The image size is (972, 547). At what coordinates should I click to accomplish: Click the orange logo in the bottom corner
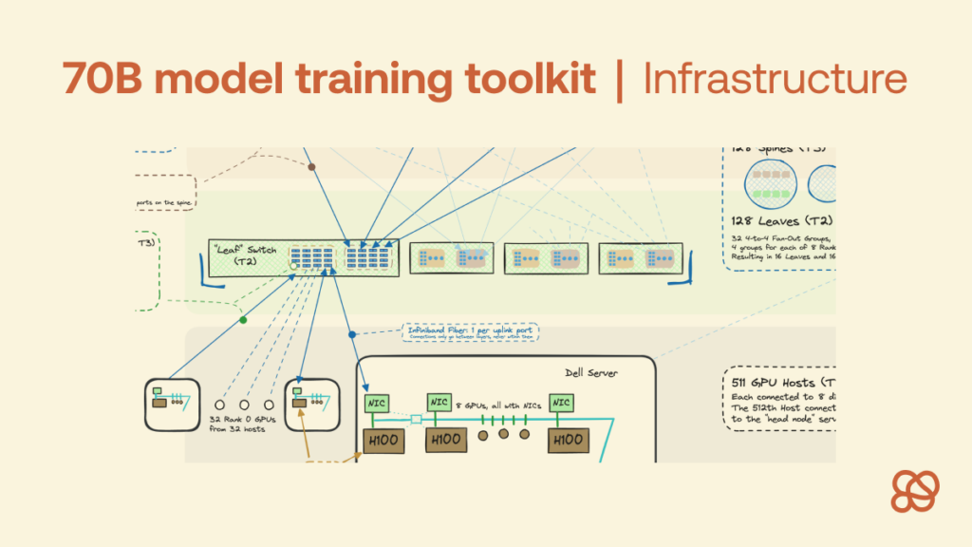(x=915, y=491)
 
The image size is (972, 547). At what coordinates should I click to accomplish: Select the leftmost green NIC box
(x=373, y=404)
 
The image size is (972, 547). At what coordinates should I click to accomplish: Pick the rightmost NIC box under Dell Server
(x=561, y=404)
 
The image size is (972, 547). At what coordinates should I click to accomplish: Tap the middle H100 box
(x=446, y=440)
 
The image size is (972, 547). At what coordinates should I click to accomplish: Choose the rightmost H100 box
(x=568, y=440)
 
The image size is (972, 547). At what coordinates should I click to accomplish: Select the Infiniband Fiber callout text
(x=470, y=332)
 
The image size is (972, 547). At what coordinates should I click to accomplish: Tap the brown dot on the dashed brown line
(x=311, y=167)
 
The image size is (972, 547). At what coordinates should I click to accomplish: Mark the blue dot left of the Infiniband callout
(x=352, y=334)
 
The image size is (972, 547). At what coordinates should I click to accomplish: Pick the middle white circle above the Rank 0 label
(x=244, y=404)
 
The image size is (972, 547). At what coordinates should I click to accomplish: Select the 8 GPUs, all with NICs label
(x=497, y=406)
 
